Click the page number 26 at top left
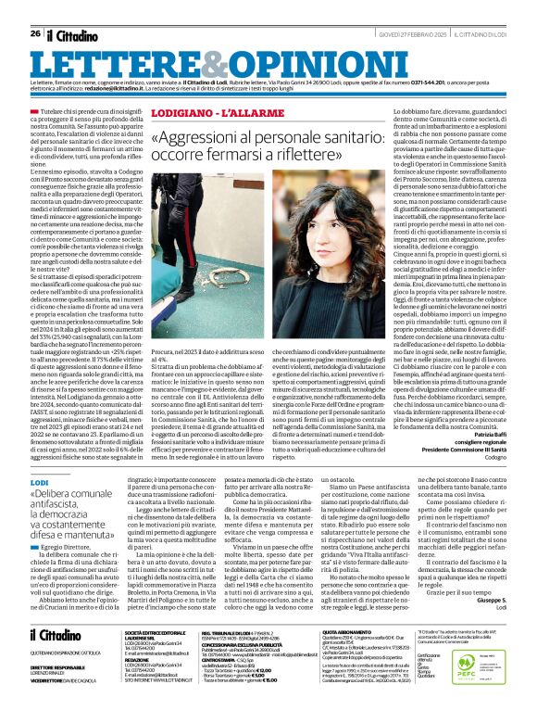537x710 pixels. pos(35,8)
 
